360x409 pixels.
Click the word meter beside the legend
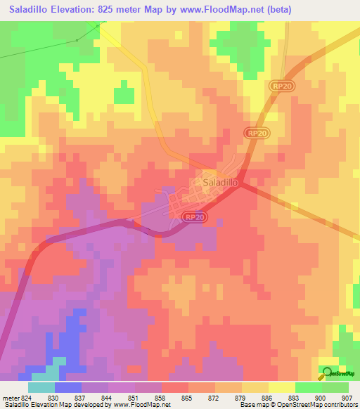[x=8, y=398]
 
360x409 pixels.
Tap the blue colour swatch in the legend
[x=67, y=387]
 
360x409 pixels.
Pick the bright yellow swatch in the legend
[x=281, y=387]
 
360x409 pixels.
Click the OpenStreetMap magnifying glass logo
[x=325, y=374]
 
